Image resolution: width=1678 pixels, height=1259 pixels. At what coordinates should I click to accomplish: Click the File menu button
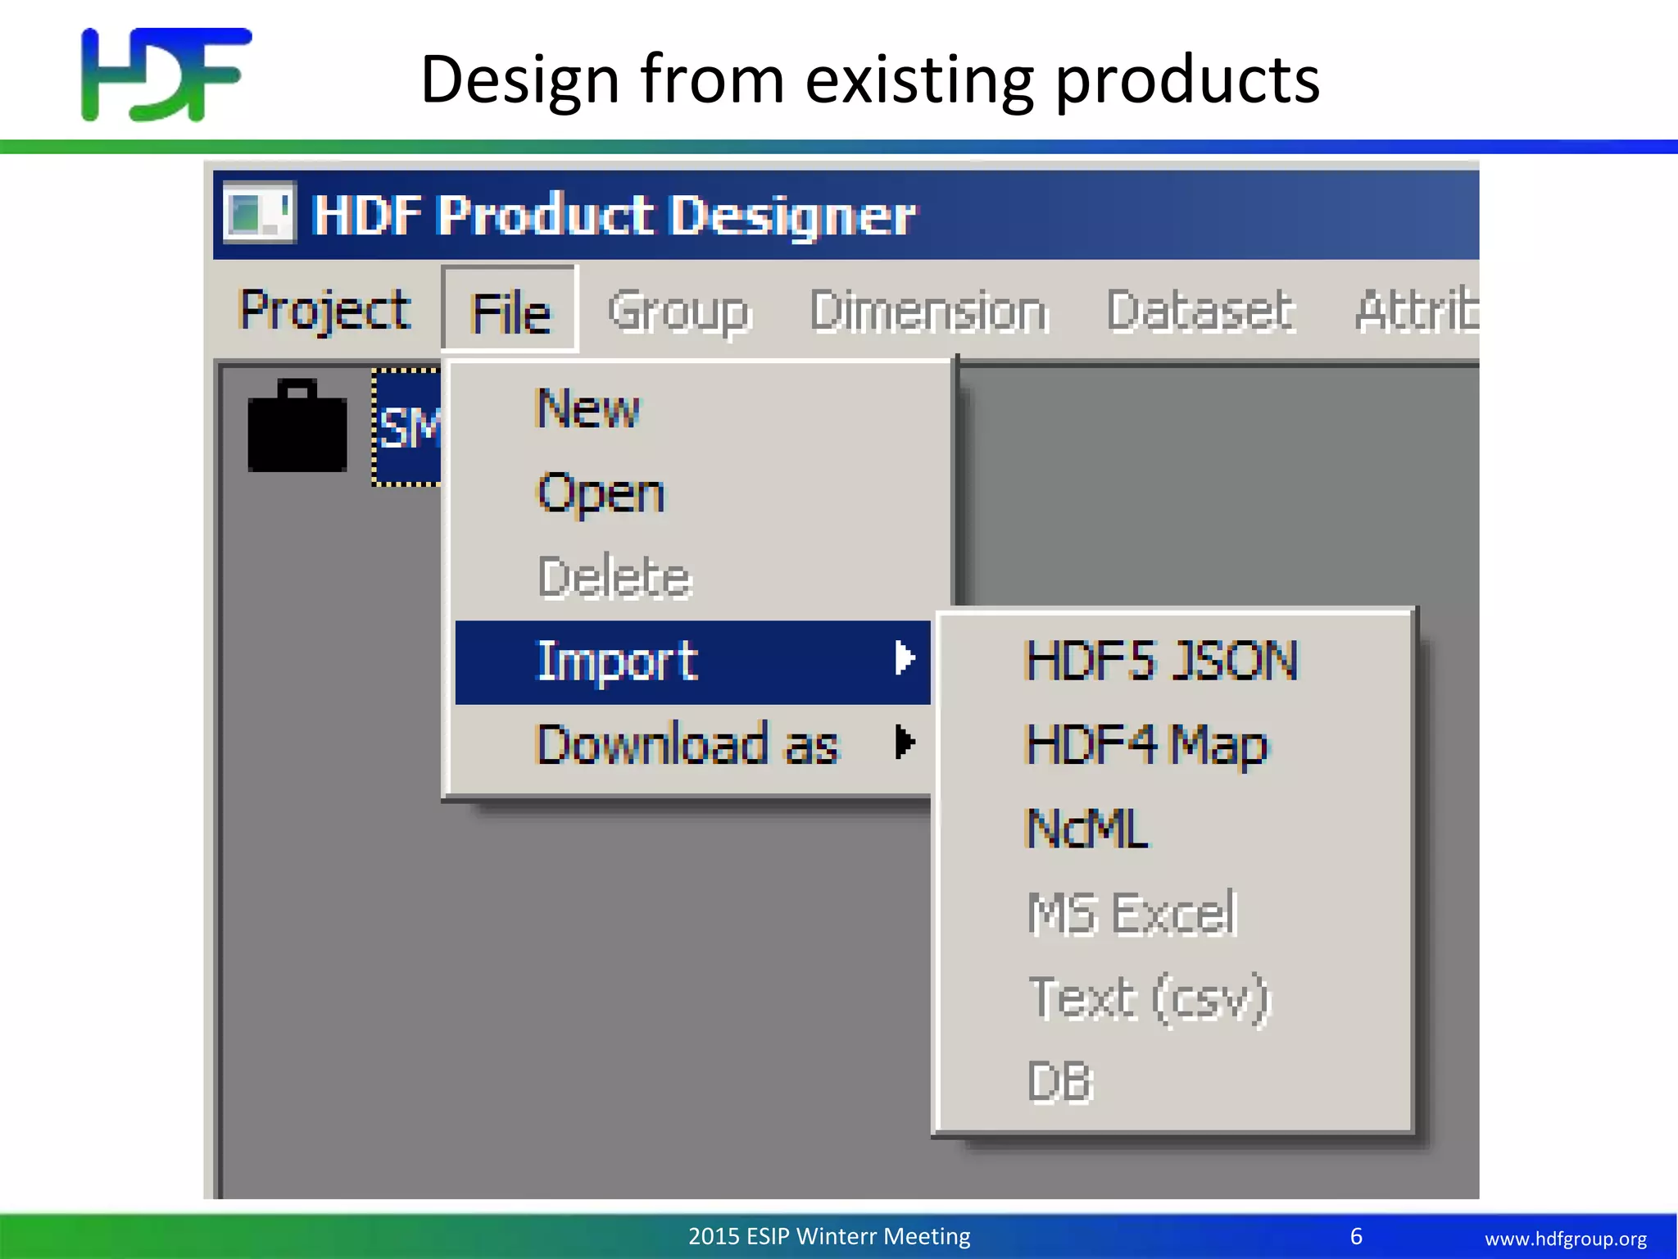click(510, 312)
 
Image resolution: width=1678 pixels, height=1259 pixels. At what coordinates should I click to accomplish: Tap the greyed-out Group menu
click(678, 312)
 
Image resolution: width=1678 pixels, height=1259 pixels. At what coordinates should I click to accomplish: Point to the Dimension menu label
click(928, 312)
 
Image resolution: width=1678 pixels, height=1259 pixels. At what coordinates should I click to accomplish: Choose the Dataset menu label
click(1200, 312)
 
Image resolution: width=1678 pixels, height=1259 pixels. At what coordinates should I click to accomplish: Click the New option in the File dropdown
click(587, 408)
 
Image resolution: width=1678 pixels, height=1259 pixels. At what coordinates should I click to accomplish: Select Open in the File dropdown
click(601, 493)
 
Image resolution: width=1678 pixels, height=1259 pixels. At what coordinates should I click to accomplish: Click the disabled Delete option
click(615, 577)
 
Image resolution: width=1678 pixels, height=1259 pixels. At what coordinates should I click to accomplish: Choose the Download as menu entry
click(687, 744)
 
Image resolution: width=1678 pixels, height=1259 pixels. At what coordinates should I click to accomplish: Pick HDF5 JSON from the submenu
click(1161, 661)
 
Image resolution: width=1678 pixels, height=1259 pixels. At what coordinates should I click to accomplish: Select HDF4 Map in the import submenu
click(1146, 745)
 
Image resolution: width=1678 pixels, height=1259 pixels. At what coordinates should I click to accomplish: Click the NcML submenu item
click(1086, 829)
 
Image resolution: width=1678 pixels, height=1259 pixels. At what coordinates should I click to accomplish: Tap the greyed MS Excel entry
click(1132, 913)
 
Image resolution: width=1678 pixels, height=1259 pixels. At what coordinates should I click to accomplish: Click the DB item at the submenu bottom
click(1059, 1082)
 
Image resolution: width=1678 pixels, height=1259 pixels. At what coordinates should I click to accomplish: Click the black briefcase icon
click(297, 427)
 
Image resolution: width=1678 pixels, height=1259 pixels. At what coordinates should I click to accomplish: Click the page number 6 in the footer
click(1356, 1236)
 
